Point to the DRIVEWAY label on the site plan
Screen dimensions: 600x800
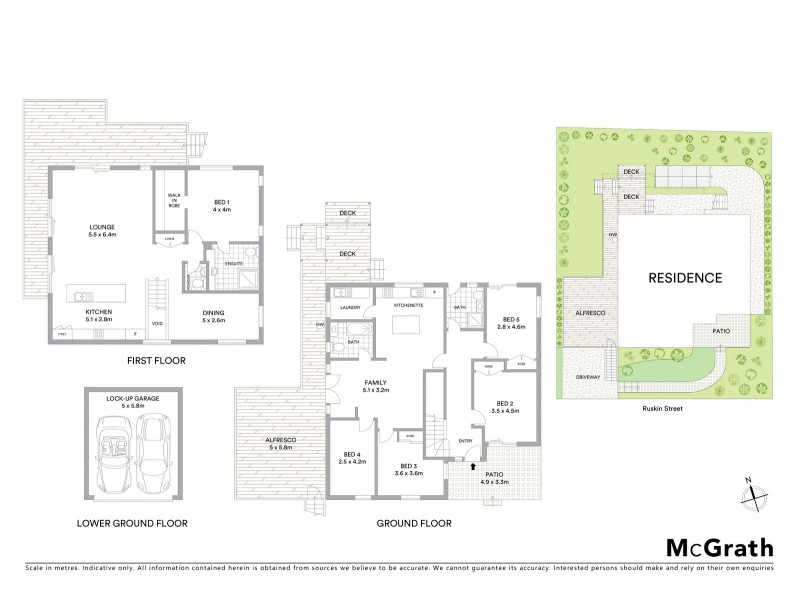583,377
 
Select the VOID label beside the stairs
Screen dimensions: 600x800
157,323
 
